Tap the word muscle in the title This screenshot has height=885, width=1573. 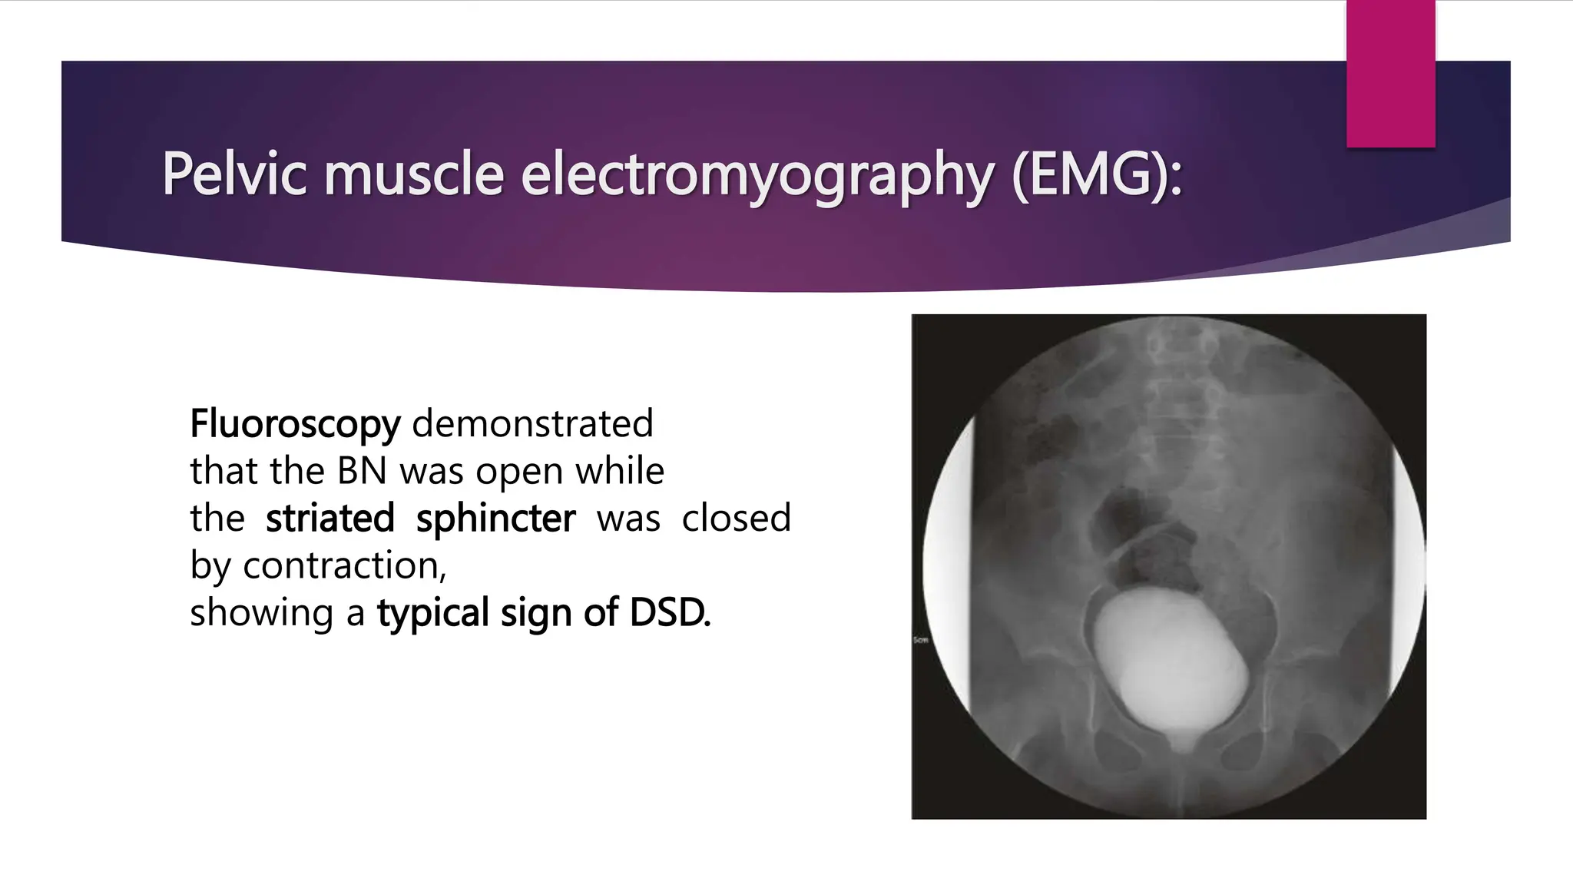click(x=413, y=174)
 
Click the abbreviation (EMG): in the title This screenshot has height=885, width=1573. click(x=1097, y=176)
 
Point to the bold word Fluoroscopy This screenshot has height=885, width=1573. click(x=295, y=424)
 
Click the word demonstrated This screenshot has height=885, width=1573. click(x=533, y=423)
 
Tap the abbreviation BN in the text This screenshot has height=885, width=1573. click(x=362, y=471)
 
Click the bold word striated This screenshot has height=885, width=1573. click(x=330, y=518)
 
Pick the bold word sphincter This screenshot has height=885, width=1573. click(x=495, y=519)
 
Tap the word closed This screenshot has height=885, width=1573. click(x=736, y=518)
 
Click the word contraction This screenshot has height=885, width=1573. click(x=343, y=566)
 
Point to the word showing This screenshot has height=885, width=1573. click(x=262, y=614)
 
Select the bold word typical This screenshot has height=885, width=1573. click(x=432, y=614)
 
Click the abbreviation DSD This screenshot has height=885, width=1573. click(x=669, y=613)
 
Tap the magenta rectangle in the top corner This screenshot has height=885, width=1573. click(x=1390, y=74)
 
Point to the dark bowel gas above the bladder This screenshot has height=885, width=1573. click(x=1144, y=538)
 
